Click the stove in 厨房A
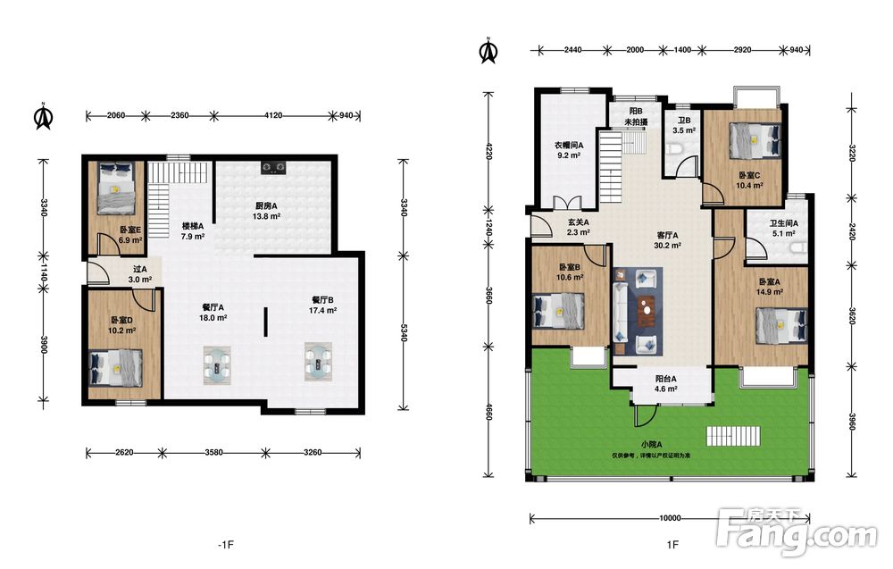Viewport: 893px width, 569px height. (x=273, y=167)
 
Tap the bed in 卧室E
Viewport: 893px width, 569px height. (x=116, y=188)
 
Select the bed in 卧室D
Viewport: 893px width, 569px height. (x=115, y=368)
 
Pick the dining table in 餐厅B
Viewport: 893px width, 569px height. (x=318, y=361)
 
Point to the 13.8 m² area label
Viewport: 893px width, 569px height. (x=266, y=216)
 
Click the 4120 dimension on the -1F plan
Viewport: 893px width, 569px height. (x=273, y=115)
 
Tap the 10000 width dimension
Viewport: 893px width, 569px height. (x=670, y=518)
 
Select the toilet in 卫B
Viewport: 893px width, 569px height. (x=675, y=150)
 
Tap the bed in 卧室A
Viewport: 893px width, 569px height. (x=782, y=326)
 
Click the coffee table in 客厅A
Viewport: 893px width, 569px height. (x=646, y=311)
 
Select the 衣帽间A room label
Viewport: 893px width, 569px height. (x=569, y=146)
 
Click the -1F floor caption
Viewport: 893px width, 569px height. (x=226, y=545)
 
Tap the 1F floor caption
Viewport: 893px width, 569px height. (x=672, y=545)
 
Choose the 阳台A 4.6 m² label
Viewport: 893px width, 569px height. (x=665, y=384)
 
